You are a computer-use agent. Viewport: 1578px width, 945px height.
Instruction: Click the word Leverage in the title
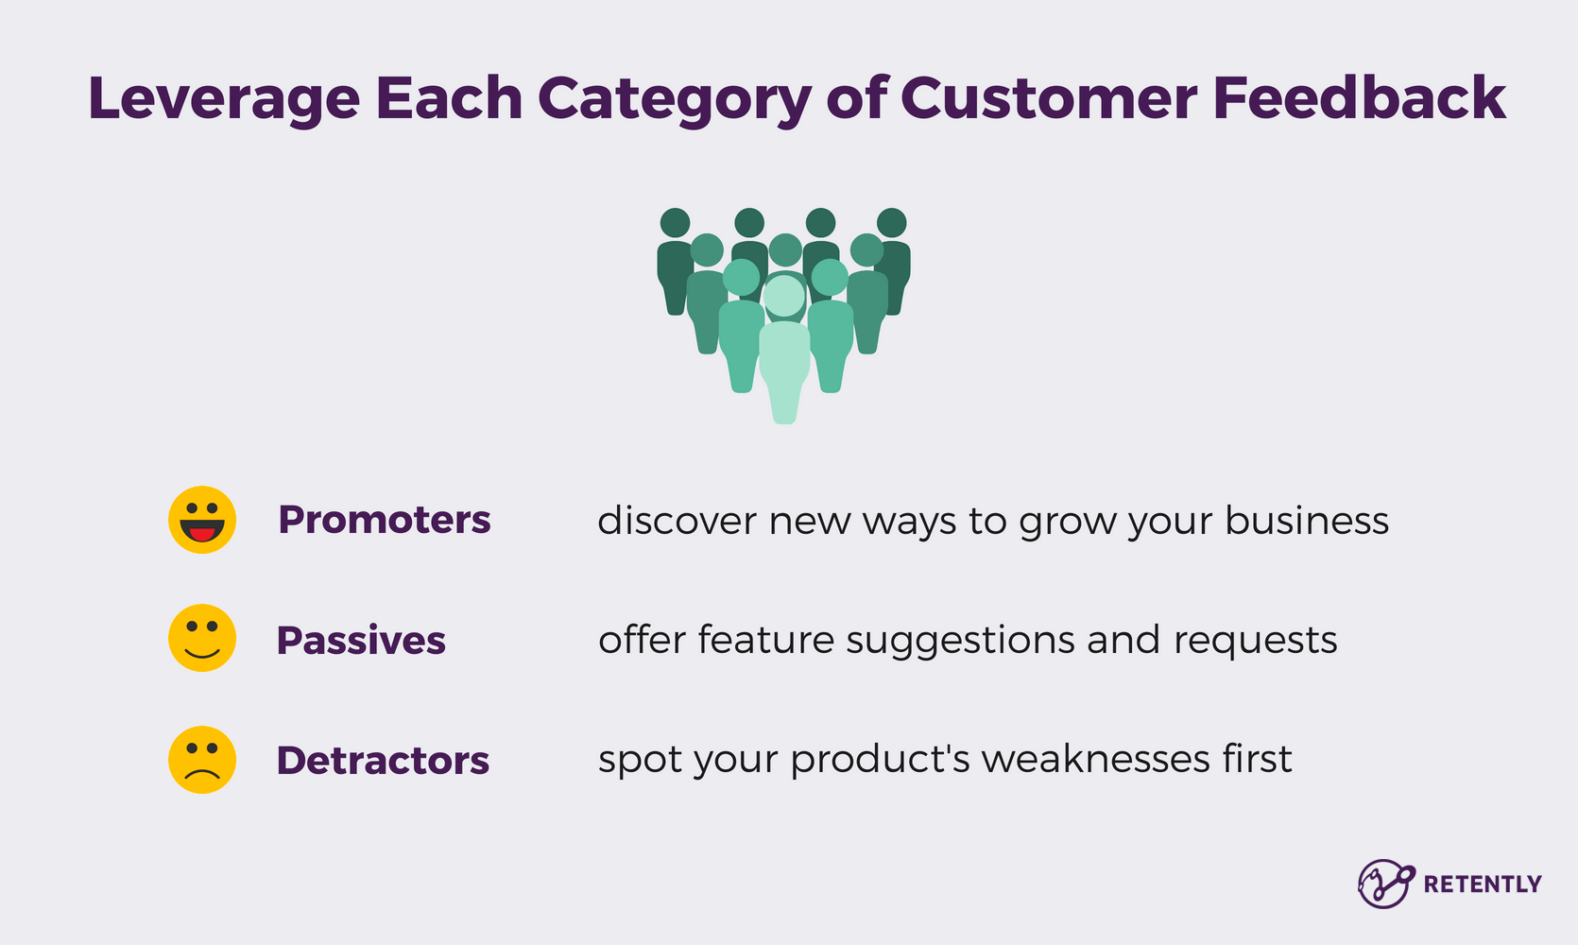pos(224,98)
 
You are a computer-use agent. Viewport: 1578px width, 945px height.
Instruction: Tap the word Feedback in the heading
pos(1360,97)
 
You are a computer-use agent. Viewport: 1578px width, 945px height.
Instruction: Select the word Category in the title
pos(674,98)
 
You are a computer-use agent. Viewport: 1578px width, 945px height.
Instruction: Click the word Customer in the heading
pos(1049,97)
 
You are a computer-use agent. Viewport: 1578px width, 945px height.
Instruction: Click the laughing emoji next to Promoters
pos(202,520)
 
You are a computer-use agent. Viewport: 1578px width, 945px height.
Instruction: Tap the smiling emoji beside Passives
pos(202,639)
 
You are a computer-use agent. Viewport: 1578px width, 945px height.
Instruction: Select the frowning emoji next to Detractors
pos(202,760)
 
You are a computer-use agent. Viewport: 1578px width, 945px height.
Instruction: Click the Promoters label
pos(385,520)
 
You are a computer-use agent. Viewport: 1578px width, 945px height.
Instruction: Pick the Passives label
pos(361,641)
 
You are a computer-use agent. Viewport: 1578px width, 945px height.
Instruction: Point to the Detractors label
pos(383,761)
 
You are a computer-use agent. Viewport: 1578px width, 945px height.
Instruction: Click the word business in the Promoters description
pos(1307,521)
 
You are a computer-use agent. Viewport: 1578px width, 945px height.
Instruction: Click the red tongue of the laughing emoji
pos(202,535)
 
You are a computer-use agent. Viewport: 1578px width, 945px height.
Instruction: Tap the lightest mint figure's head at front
pos(783,296)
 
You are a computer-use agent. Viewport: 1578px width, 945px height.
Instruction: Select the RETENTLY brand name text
pos(1482,885)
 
